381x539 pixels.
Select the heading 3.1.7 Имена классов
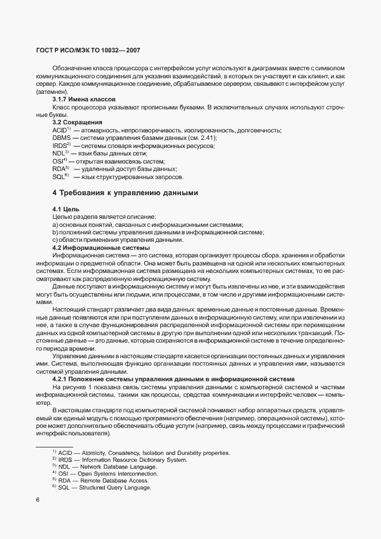[x=84, y=100]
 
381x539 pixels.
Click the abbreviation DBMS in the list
[x=62, y=138]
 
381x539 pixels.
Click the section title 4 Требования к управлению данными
[x=126, y=193]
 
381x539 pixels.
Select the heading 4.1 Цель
[x=66, y=208]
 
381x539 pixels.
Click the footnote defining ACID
[x=141, y=453]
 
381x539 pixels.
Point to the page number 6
[x=37, y=499]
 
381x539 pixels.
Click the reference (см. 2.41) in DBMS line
[x=204, y=138]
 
